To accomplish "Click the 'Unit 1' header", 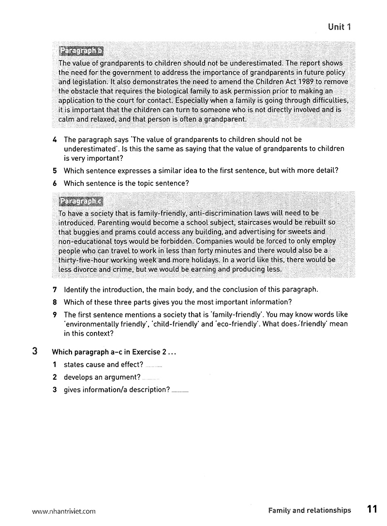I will pyautogui.click(x=339, y=27).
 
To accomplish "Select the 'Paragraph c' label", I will pyautogui.click(x=80, y=201).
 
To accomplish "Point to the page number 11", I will pyautogui.click(x=372, y=510).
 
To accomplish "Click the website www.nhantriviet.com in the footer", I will pyautogui.click(x=64, y=511).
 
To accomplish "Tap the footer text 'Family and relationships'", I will pyautogui.click(x=310, y=510).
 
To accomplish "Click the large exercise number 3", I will pyautogui.click(x=35, y=352).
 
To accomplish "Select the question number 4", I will pyautogui.click(x=55, y=139).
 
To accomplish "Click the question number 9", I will pyautogui.click(x=55, y=315).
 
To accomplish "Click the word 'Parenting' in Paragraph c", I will pyautogui.click(x=113, y=222).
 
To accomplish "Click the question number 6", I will pyautogui.click(x=55, y=183).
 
